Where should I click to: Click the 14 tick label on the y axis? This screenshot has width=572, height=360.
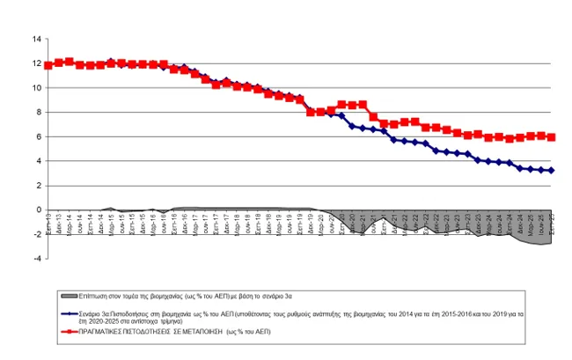[x=37, y=39]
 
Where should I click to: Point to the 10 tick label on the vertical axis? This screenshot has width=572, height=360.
[x=37, y=88]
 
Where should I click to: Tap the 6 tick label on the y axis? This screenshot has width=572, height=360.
[x=39, y=136]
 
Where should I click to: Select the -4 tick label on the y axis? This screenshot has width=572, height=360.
[x=37, y=259]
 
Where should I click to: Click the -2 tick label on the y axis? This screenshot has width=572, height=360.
[x=37, y=234]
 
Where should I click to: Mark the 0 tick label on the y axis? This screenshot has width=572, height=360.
[x=39, y=209]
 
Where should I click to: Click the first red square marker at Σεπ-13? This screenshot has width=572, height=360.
[x=48, y=65]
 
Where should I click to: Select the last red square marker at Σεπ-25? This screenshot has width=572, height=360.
[x=552, y=137]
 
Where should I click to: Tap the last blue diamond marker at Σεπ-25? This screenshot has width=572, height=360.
[x=552, y=170]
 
